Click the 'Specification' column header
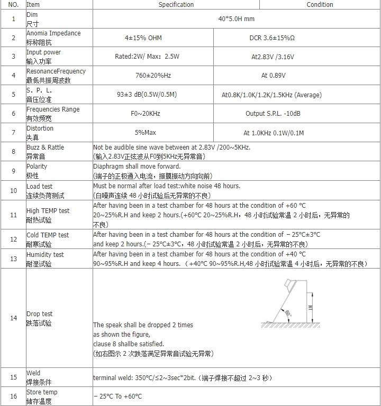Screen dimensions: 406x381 176,5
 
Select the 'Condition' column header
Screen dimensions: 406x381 320,5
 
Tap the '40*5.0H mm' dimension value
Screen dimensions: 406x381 236,19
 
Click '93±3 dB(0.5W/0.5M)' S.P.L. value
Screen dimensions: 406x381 147,95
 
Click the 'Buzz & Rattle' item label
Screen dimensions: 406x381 45,147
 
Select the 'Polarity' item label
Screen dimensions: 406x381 37,167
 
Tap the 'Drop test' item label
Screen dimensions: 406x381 39,314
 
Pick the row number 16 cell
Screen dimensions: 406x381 13,396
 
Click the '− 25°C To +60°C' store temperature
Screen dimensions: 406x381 117,396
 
